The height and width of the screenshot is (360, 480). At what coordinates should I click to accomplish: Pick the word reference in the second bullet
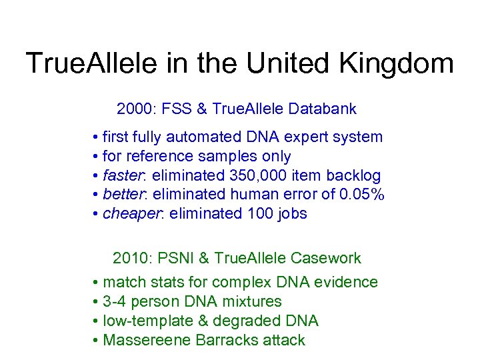(165, 157)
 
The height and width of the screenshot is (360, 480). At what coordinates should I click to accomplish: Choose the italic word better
(123, 195)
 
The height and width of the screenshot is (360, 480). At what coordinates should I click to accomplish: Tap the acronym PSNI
(170, 258)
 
